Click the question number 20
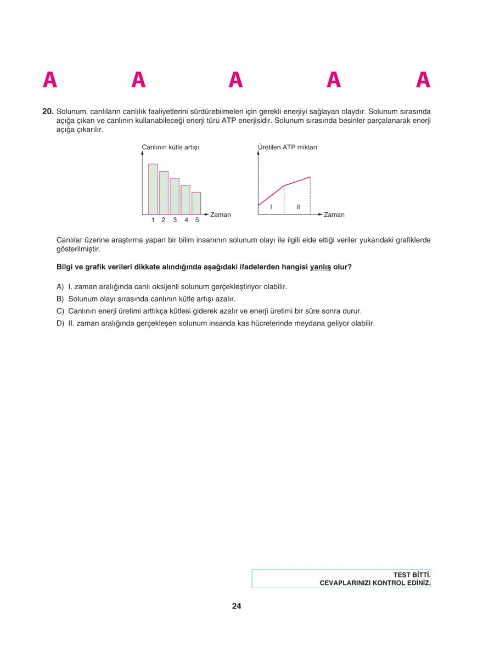48,111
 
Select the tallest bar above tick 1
153,189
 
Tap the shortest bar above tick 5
196,203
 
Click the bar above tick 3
175,196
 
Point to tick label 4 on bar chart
186,221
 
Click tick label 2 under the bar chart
164,221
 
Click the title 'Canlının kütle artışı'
170,147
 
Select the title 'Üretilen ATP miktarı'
288,147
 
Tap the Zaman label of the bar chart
221,215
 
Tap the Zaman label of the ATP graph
334,215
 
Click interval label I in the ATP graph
271,207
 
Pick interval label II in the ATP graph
298,207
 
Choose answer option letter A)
60,286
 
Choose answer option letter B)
60,299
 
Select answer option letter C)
60,311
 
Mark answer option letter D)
60,323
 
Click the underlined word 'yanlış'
321,267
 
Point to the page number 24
237,606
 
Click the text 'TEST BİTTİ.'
412,574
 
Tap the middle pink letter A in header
236,81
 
